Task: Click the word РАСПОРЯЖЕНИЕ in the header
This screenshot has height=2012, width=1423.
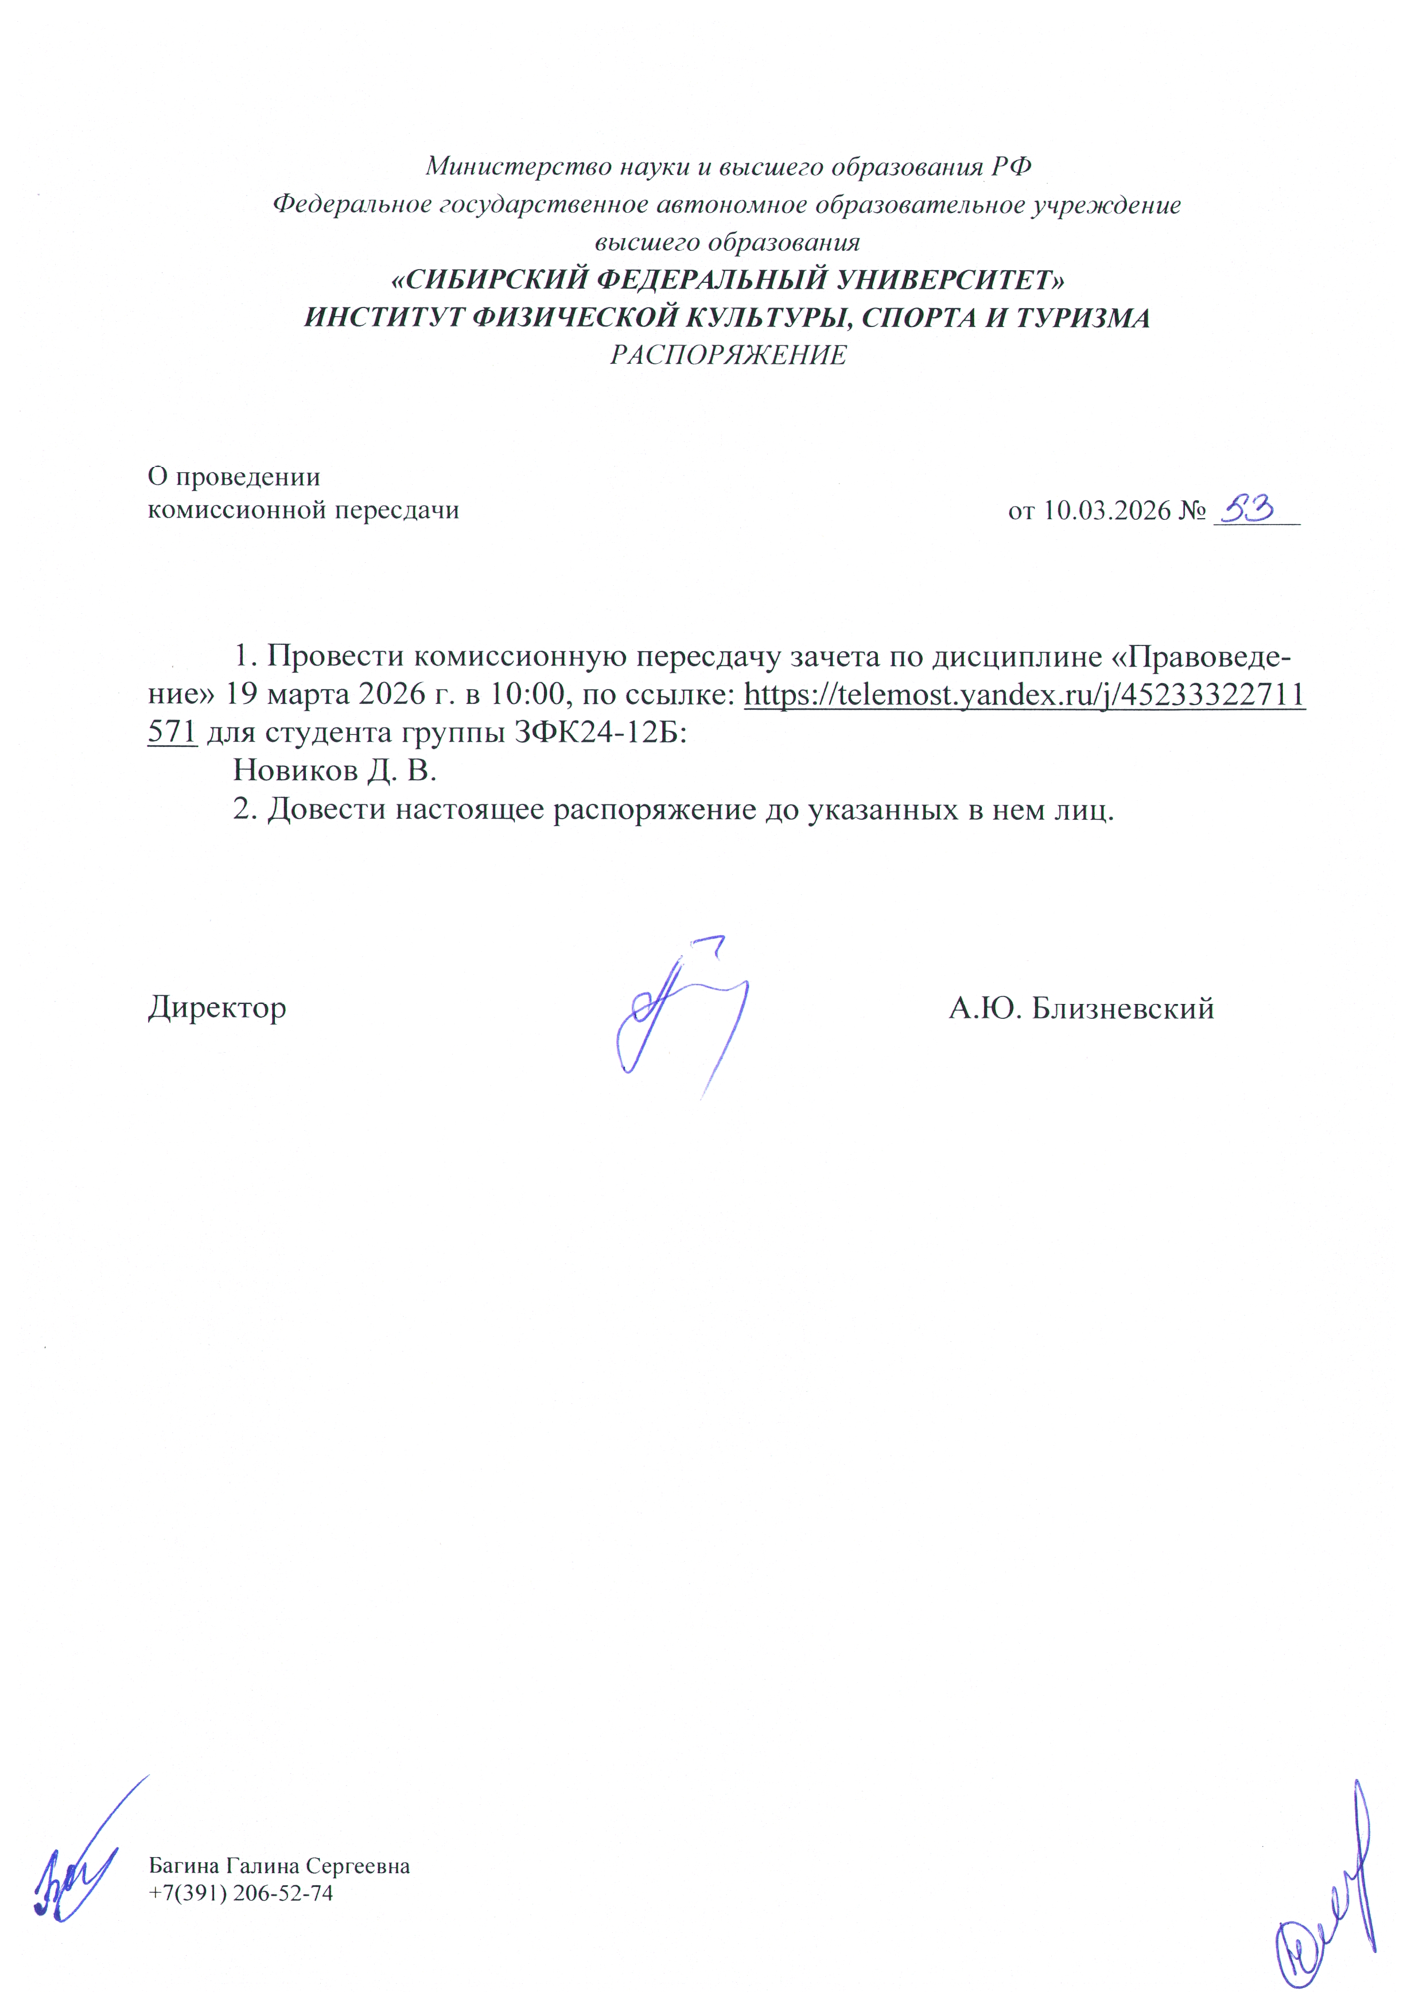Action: [x=728, y=355]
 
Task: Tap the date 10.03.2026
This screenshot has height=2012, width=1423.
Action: [x=1107, y=511]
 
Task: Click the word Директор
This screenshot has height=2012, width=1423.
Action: [x=216, y=1008]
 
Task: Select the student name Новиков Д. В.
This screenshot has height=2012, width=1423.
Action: [x=334, y=770]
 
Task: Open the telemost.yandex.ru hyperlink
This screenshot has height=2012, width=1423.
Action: [x=1024, y=695]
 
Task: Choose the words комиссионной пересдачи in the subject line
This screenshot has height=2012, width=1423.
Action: [x=303, y=510]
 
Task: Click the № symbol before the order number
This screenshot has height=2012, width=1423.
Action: [x=1192, y=511]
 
